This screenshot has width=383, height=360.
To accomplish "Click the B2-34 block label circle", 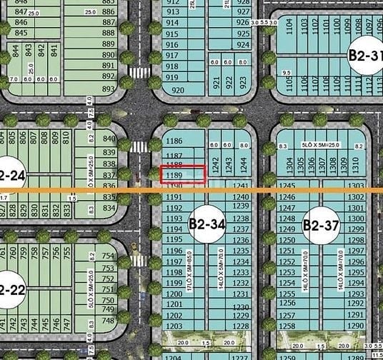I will [207, 224].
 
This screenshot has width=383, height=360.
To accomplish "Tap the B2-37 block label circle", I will [319, 226].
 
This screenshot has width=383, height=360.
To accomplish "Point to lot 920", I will [178, 90].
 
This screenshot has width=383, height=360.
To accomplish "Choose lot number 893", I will [109, 89].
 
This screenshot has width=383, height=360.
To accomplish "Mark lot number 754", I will [109, 256].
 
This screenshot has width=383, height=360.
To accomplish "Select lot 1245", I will [287, 186].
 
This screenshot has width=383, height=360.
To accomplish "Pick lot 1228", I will [241, 325].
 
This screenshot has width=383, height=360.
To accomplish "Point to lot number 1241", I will [241, 186].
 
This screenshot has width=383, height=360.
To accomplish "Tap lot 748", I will [109, 321].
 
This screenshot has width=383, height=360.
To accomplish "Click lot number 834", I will [109, 207].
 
